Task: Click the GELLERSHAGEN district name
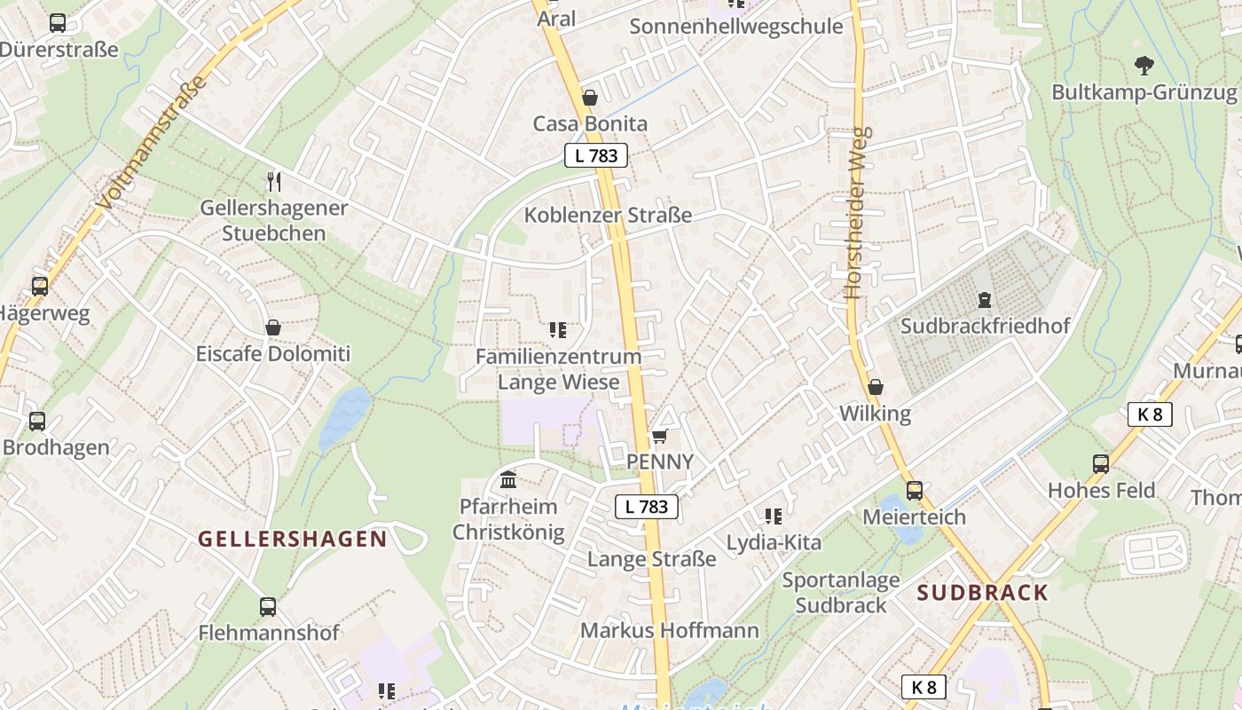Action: point(292,539)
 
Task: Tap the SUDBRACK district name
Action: point(982,593)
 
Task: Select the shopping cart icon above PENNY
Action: point(659,436)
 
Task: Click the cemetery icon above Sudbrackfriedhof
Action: point(984,300)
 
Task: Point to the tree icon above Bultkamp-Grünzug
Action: point(1144,65)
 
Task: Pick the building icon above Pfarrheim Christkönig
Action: point(508,480)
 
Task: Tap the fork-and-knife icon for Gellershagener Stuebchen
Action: point(273,182)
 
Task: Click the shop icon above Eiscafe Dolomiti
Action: point(273,327)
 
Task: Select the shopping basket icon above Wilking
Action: point(875,387)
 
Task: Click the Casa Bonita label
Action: point(590,123)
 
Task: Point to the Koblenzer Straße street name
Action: point(608,215)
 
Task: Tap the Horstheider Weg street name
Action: point(858,213)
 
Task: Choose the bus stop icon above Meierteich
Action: point(914,490)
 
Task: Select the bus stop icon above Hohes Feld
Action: point(1101,463)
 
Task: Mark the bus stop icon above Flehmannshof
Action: point(268,607)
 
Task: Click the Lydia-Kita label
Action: point(774,542)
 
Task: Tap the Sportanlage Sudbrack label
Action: point(841,593)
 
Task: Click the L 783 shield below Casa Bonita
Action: point(596,155)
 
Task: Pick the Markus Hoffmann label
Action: point(670,630)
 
